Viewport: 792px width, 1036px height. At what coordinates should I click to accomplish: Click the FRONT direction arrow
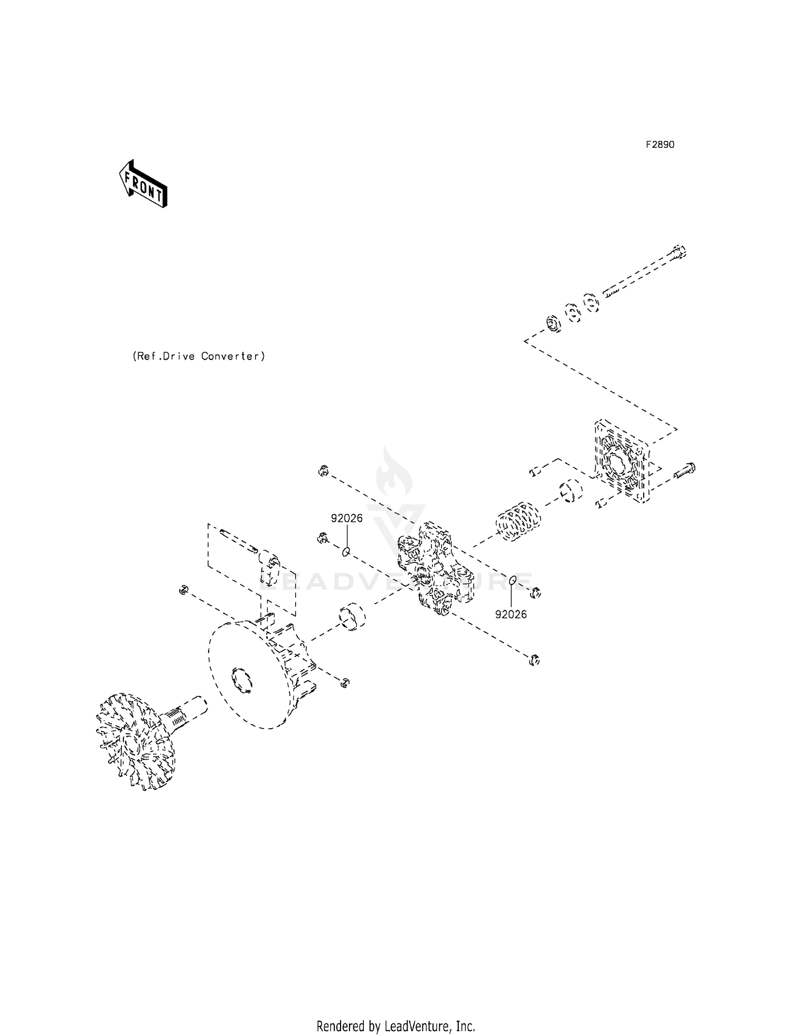pyautogui.click(x=143, y=184)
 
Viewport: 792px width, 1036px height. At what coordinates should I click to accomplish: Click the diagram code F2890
pyautogui.click(x=660, y=145)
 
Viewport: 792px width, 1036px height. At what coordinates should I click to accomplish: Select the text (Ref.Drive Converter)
pyautogui.click(x=198, y=356)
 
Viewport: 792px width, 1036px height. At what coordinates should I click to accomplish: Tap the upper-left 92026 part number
pyautogui.click(x=347, y=519)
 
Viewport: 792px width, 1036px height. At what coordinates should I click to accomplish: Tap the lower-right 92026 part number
pyautogui.click(x=511, y=615)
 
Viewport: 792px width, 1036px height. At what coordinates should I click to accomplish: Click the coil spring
pyautogui.click(x=518, y=521)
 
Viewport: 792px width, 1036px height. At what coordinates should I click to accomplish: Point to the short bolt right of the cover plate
pyautogui.click(x=685, y=470)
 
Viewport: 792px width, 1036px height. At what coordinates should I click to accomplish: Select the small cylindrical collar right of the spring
pyautogui.click(x=570, y=491)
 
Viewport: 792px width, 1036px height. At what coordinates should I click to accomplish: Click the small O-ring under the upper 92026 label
pyautogui.click(x=346, y=552)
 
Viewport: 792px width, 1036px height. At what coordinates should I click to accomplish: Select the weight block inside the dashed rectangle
pyautogui.click(x=269, y=568)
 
